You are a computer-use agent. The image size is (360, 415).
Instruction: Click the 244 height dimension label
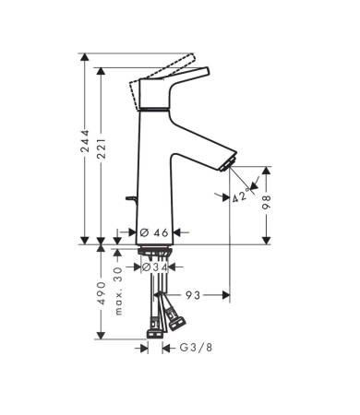85,140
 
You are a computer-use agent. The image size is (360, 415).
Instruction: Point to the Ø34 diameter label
155,267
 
